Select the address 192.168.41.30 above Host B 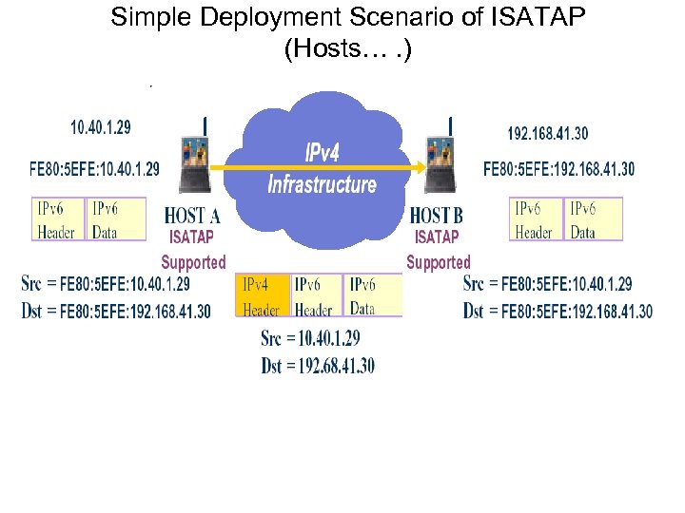point(547,134)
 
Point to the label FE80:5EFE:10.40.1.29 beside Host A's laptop point(94,170)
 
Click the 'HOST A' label point(193,217)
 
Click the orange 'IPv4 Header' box point(262,296)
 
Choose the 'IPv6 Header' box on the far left point(56,219)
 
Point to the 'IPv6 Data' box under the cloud point(372,296)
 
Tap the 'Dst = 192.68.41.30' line point(318,366)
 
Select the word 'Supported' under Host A point(193,262)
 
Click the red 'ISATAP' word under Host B point(437,237)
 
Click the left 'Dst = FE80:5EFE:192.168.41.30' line point(116,311)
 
